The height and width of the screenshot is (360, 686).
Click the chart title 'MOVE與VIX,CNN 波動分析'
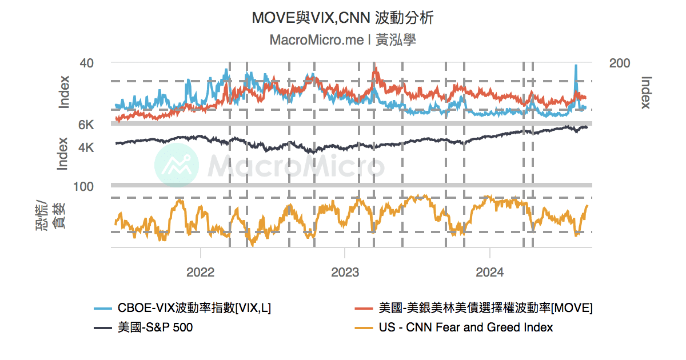342,18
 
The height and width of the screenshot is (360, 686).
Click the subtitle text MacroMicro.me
316,40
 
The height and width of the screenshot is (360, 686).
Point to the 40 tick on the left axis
86,63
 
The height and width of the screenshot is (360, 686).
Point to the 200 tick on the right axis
620,63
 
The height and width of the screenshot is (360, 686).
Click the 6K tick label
86,125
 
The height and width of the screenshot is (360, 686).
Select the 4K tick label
86,147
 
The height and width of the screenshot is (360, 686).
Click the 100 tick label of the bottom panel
83,186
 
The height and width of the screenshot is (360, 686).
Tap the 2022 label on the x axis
200,272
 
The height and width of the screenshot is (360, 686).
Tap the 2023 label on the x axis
345,272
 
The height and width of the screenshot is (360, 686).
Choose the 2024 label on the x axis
490,272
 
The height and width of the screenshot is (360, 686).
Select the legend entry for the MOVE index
485,308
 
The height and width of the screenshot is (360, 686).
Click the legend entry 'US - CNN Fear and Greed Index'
465,327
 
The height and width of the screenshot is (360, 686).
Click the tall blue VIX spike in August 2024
576,67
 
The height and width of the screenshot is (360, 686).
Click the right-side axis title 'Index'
646,93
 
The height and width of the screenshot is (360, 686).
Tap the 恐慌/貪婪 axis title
51,215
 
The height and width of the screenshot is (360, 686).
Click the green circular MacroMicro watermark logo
177,166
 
